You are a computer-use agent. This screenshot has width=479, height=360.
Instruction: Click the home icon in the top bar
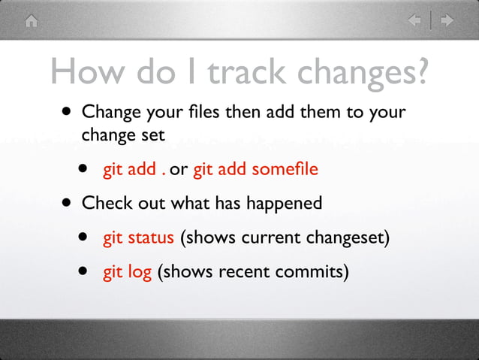click(x=30, y=21)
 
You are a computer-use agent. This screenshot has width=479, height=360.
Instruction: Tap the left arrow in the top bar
click(x=414, y=21)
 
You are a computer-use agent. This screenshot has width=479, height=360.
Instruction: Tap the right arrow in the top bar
click(x=447, y=21)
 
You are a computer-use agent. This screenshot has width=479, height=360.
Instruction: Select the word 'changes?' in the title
click(x=366, y=72)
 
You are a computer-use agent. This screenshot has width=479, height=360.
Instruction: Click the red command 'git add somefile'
click(x=255, y=169)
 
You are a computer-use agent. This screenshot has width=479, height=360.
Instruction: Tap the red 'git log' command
click(x=128, y=271)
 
